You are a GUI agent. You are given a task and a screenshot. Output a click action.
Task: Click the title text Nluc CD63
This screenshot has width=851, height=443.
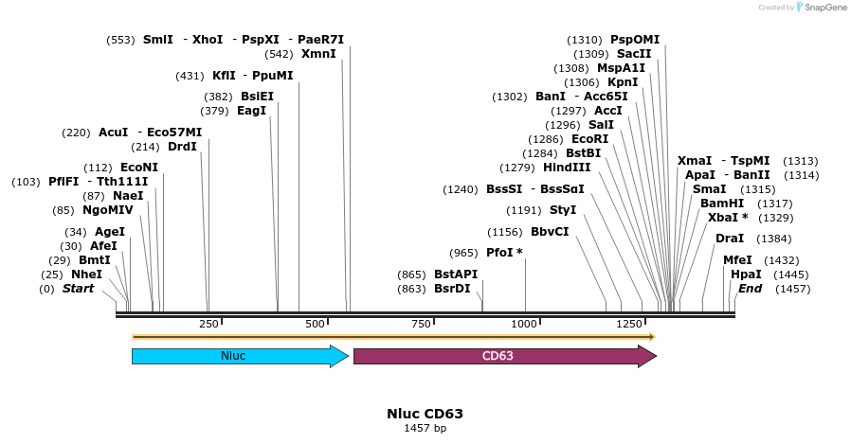[x=425, y=414]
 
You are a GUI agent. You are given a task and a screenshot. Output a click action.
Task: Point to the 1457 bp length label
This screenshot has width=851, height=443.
[x=425, y=429]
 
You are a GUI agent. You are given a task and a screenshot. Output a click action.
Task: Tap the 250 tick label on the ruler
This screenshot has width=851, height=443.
[x=208, y=325]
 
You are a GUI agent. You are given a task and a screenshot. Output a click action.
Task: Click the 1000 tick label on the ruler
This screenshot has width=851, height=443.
[x=525, y=325]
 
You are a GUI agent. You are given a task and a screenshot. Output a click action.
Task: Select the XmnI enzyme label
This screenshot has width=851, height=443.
[x=319, y=54]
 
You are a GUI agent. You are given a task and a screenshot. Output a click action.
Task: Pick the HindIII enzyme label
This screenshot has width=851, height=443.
[x=567, y=167]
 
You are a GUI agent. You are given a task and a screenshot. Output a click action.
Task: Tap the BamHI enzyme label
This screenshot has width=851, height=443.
[x=721, y=204]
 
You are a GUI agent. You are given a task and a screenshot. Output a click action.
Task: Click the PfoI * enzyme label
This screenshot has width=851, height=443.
[x=504, y=252]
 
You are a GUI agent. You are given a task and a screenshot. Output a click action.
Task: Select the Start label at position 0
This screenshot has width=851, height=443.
[x=78, y=289]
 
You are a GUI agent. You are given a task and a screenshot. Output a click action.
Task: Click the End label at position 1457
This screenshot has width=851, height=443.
[x=750, y=289]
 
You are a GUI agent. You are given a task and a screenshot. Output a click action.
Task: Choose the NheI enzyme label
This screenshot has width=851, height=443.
[x=86, y=275]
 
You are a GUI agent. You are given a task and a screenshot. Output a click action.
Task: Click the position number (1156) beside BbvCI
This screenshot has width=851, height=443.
[x=505, y=232]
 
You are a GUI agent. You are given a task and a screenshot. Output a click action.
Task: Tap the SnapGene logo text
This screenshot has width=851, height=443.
[x=823, y=8]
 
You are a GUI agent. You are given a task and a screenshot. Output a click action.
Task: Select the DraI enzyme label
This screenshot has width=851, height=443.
[x=730, y=239]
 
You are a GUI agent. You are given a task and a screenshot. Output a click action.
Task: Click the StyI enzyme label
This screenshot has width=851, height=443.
[x=563, y=209]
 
